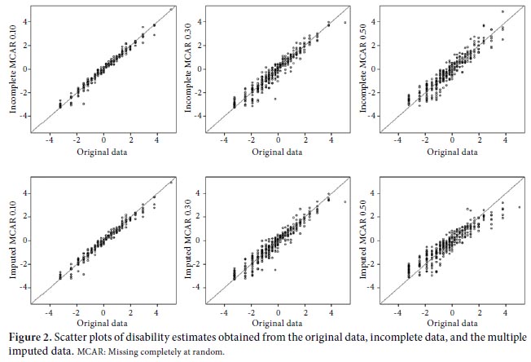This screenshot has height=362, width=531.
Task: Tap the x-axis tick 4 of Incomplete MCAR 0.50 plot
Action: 505,141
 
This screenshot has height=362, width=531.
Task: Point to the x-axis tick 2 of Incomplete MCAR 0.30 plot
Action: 305,140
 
